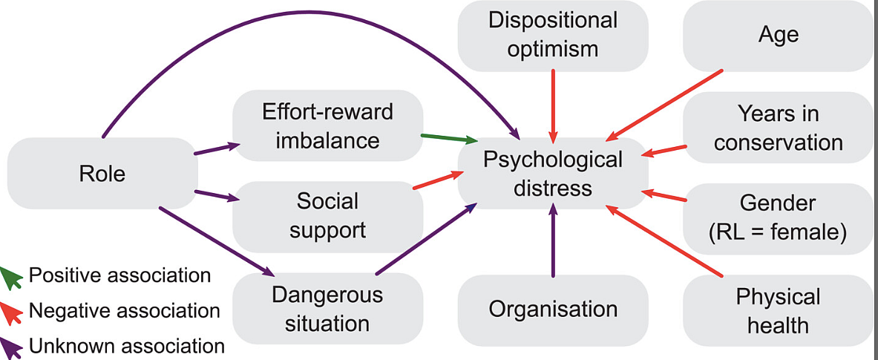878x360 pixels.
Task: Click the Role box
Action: [102, 174]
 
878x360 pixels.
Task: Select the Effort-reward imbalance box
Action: [327, 126]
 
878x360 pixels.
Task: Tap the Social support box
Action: [327, 215]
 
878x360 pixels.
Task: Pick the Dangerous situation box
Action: [327, 309]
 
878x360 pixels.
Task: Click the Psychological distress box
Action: [553, 174]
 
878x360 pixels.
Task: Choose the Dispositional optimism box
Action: [553, 35]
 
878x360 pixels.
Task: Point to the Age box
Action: [778, 35]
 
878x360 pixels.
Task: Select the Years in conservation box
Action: [778, 128]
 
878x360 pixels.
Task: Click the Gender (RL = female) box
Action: [778, 217]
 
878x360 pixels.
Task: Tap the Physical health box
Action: [778, 311]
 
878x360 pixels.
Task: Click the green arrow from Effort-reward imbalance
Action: [448, 138]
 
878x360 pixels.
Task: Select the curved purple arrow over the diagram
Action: [297, 22]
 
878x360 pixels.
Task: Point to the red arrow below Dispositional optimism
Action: [553, 104]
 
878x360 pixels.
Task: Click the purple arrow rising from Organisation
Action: [553, 241]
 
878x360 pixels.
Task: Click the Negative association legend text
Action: [124, 310]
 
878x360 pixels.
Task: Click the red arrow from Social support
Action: [438, 180]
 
